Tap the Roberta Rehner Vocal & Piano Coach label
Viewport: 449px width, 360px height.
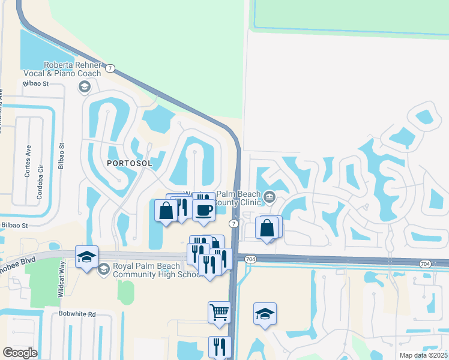83,69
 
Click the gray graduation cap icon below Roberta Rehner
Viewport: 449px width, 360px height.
84,88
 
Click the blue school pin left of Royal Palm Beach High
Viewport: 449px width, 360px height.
87,258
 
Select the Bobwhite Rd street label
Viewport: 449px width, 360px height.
77,314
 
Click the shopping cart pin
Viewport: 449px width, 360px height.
220,312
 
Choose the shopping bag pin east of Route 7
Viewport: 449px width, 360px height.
267,228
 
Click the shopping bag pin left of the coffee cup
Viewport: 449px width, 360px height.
166,211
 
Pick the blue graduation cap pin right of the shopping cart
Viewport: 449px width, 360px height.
265,314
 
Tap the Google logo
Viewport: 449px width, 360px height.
20,353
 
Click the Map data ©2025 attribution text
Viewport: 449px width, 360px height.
424,355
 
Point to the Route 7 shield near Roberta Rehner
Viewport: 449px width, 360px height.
109,68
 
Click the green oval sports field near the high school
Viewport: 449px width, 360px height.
126,292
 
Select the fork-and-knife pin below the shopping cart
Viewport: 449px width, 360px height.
220,347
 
